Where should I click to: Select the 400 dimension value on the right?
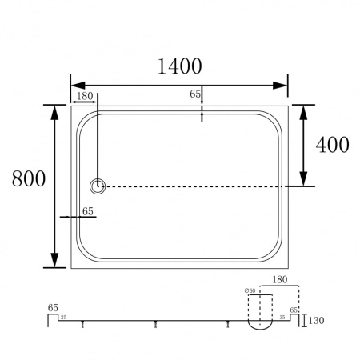(x=332, y=145)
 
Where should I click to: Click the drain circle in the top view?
(x=98, y=186)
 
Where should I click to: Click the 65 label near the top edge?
(x=195, y=94)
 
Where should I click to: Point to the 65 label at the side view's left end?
(x=53, y=306)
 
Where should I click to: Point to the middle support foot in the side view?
(x=156, y=325)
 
